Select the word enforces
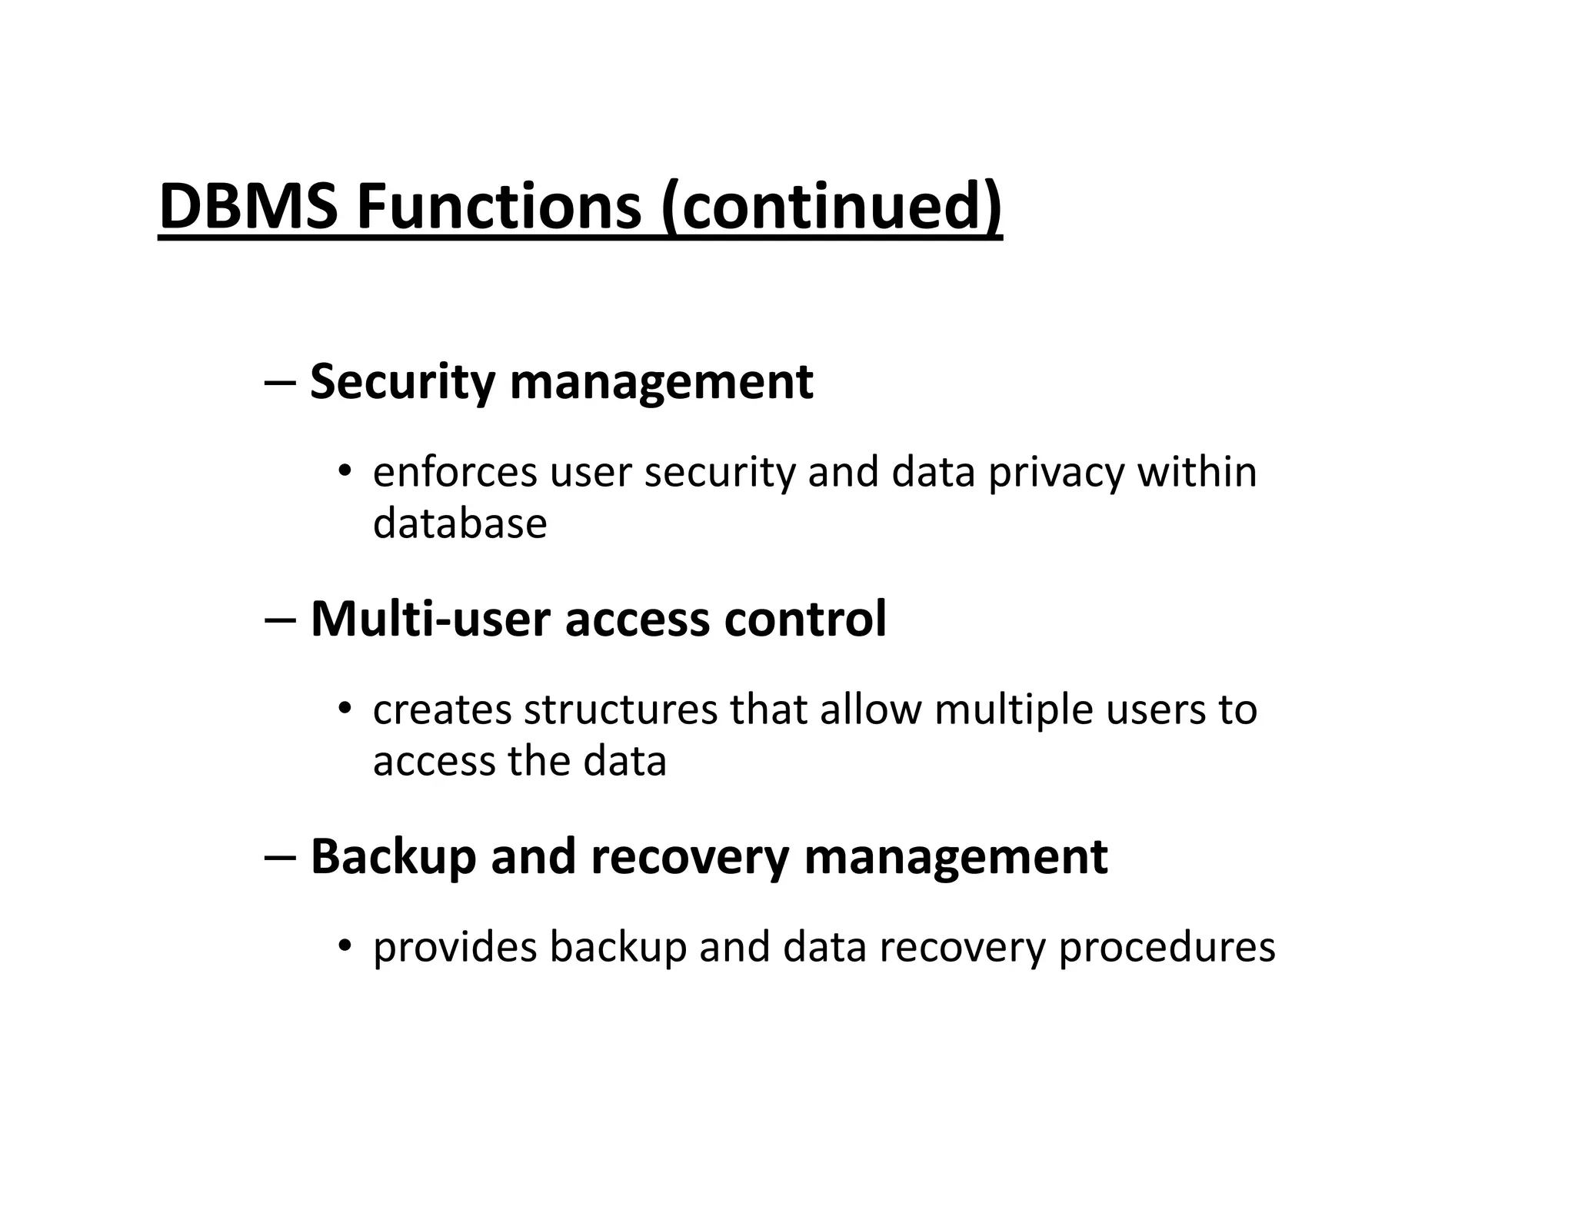click(455, 472)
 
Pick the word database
click(460, 523)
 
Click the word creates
click(442, 709)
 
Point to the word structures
click(621, 709)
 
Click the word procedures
click(1167, 948)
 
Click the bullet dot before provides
click(345, 944)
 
